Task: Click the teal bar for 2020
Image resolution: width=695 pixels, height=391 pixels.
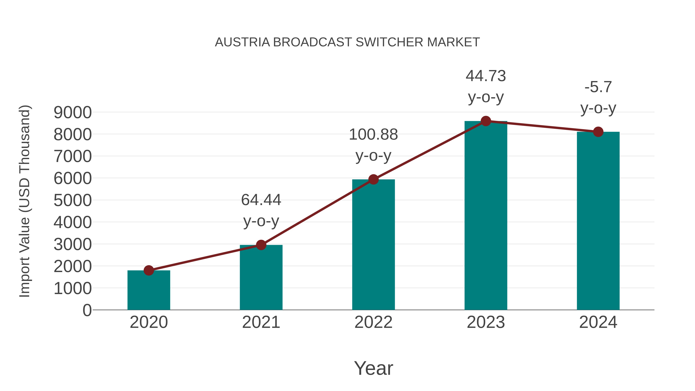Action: point(149,290)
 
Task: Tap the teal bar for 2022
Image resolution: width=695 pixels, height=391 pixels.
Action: point(373,245)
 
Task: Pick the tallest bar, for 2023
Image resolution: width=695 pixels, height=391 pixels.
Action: point(486,216)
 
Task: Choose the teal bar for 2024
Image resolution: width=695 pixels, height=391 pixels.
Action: point(598,221)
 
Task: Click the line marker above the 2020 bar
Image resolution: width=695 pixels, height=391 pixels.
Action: point(149,270)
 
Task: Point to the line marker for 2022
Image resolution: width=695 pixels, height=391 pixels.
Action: point(373,179)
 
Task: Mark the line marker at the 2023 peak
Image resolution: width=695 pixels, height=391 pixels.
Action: point(486,121)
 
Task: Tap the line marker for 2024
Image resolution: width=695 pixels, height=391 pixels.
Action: point(598,132)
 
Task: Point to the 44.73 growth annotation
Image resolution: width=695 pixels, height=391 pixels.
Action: point(486,76)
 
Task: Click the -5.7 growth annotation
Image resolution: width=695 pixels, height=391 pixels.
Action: point(598,87)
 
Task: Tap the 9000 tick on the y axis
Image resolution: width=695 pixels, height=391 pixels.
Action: point(73,113)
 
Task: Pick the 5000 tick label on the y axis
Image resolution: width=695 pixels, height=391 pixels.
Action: point(73,200)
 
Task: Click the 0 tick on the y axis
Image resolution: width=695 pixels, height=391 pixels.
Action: point(87,310)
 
